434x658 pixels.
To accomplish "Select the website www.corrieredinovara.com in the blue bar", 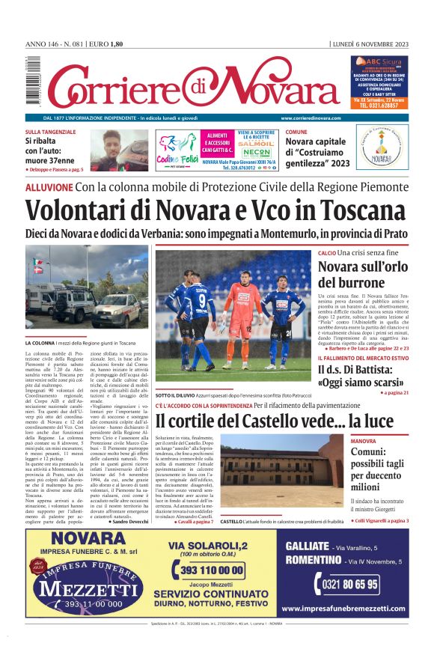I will tap(311, 118).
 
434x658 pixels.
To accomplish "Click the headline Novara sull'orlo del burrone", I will tap(361, 274).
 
